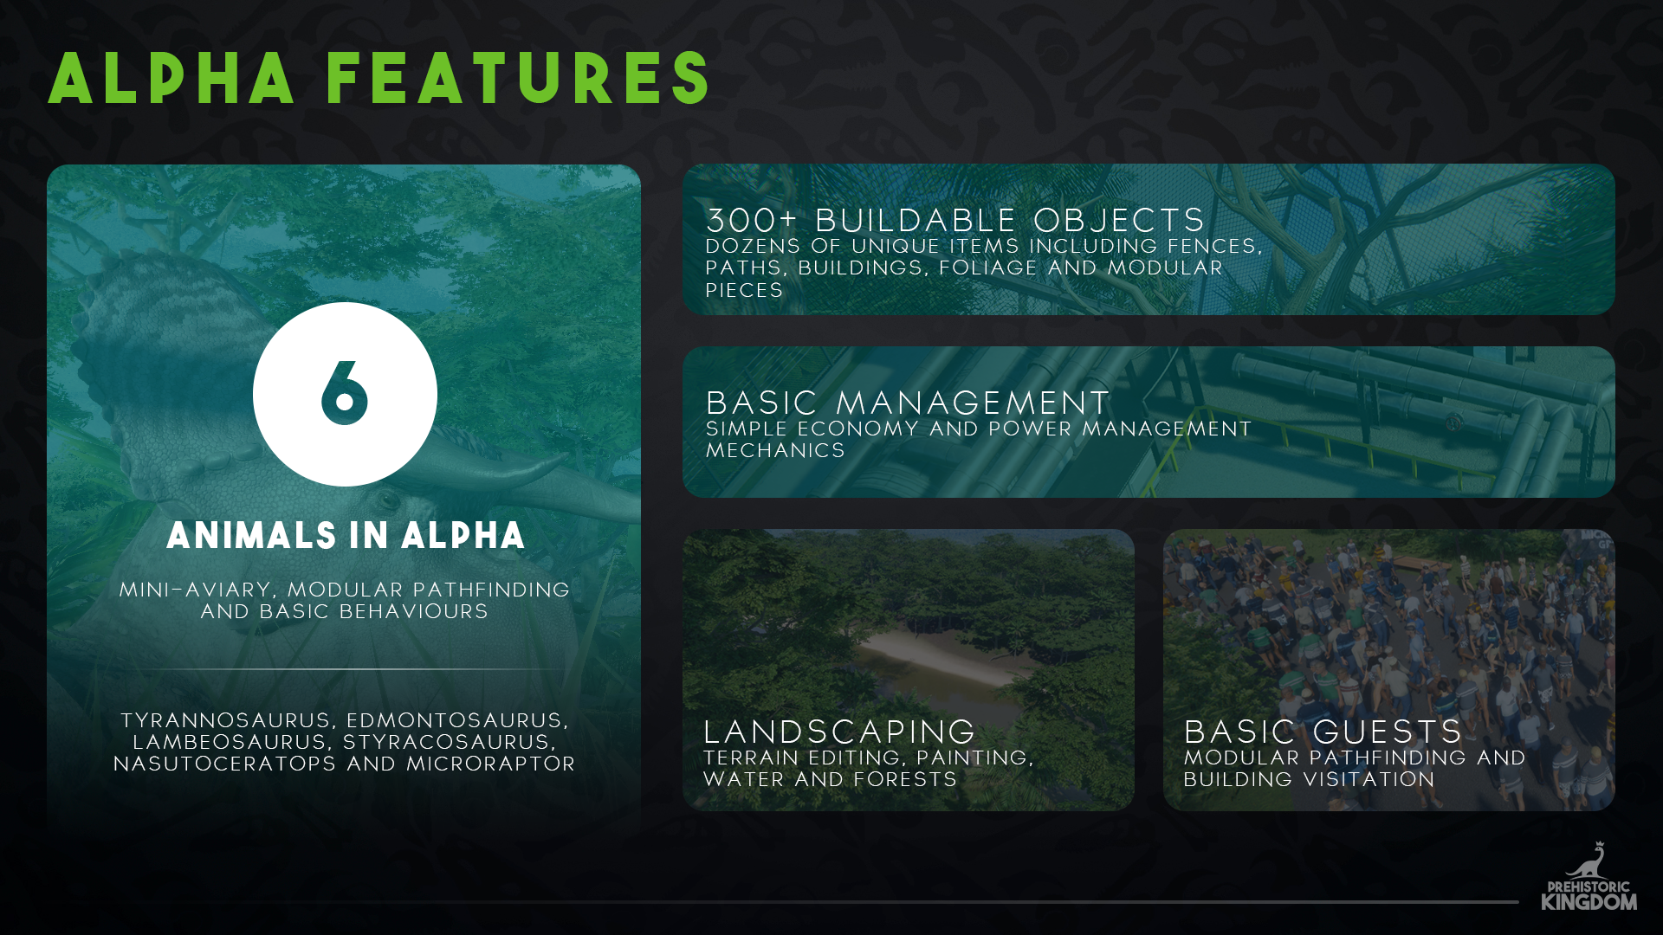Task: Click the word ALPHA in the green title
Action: coord(171,79)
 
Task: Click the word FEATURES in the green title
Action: coord(519,79)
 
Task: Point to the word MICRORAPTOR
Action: coord(491,764)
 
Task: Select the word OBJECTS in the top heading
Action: coord(1119,221)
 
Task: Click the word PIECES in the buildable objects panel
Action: coord(744,290)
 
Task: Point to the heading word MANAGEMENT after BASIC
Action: coord(973,403)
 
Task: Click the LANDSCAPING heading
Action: coord(839,732)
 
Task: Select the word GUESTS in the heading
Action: coord(1388,732)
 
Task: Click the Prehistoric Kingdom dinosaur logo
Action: coord(1589,876)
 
